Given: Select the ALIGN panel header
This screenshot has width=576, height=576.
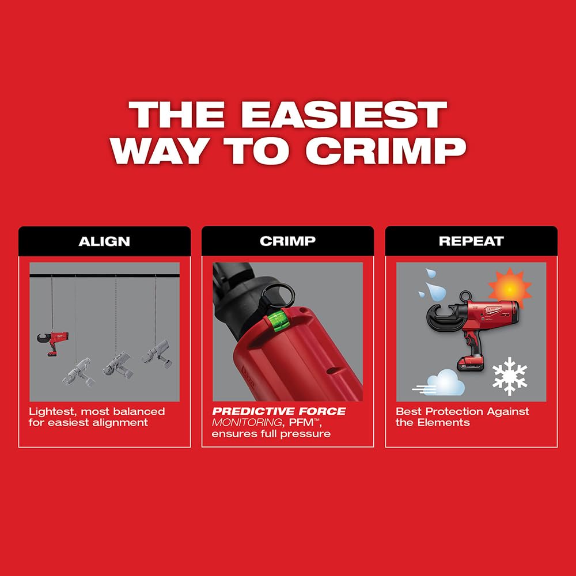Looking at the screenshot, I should click(104, 241).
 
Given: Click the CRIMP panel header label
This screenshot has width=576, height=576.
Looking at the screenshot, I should click(287, 241).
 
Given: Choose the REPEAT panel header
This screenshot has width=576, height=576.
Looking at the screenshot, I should click(471, 241).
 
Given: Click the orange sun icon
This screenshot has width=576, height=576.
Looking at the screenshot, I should click(509, 286).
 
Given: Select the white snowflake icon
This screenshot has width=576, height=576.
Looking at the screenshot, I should click(509, 376).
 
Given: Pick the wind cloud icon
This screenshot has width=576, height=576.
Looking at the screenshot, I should click(441, 383).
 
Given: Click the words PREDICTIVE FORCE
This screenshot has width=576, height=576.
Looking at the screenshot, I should click(279, 411).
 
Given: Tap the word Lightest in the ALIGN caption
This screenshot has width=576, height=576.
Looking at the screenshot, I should click(52, 411).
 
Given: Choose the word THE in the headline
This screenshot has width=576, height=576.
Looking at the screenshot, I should click(163, 115).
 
